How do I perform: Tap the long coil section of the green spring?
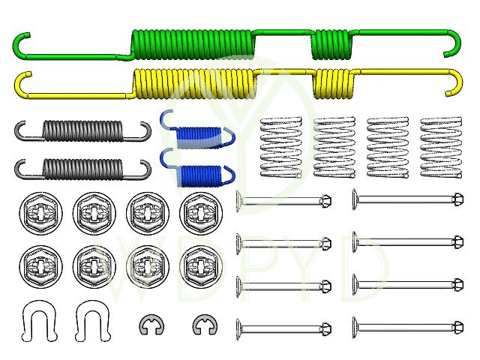tap(192, 45)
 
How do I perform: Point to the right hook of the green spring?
tap(454, 45)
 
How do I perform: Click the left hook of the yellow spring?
tap(21, 84)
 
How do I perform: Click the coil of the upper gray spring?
tap(81, 130)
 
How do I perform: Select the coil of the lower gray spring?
tap(81, 168)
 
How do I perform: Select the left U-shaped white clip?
tap(35, 320)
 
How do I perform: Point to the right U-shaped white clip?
tap(89, 320)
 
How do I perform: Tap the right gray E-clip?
tap(202, 325)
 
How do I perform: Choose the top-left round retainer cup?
tap(36, 212)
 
